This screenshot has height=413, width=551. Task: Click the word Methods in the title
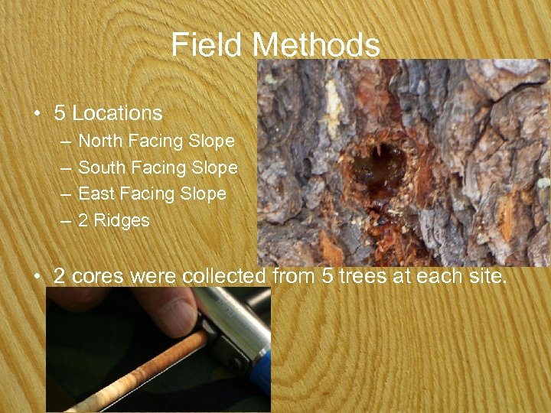click(x=316, y=45)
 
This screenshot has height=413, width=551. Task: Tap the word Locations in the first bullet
click(x=117, y=113)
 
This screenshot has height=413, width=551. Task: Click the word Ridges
click(x=122, y=220)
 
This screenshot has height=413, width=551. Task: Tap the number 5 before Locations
click(x=60, y=113)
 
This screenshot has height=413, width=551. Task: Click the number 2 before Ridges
click(x=83, y=220)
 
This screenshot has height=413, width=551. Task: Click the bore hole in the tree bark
click(x=380, y=164)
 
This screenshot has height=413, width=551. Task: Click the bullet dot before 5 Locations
click(x=37, y=114)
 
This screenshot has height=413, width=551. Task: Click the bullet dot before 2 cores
click(x=37, y=276)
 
